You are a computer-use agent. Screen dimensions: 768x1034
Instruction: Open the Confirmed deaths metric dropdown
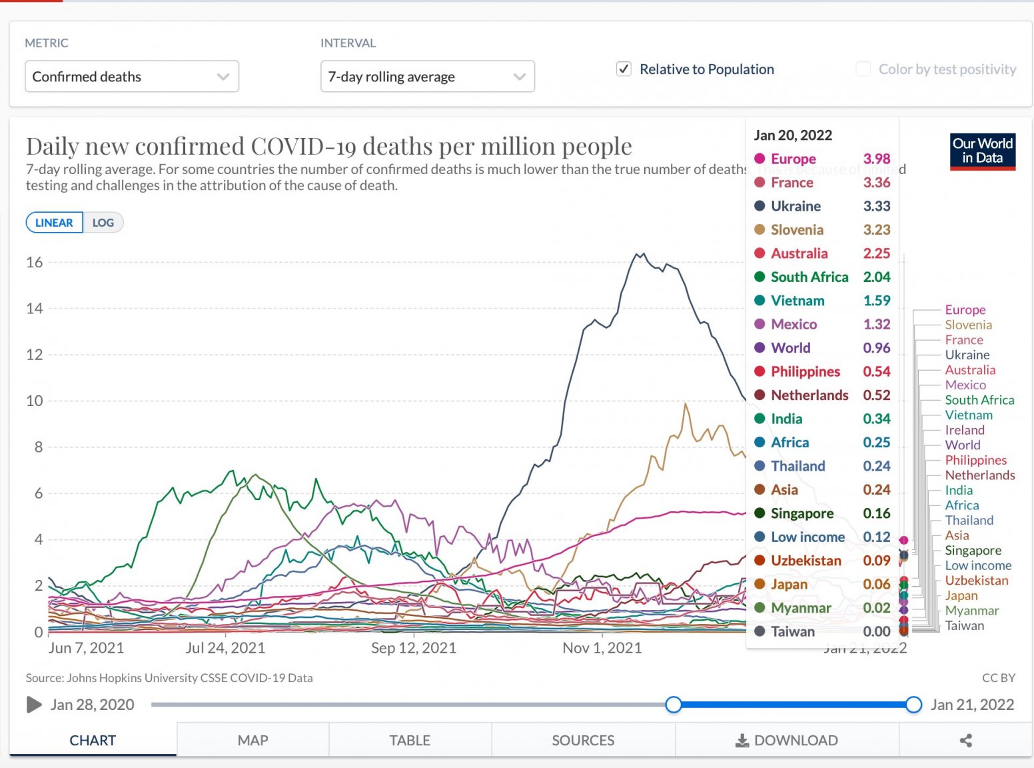tap(131, 77)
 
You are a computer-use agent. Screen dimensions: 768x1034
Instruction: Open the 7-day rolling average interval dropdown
tap(427, 77)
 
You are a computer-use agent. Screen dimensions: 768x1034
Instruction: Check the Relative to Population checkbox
tap(624, 69)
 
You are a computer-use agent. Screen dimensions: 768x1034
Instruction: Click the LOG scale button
tap(103, 223)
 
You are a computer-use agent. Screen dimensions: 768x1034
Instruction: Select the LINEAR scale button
tap(54, 223)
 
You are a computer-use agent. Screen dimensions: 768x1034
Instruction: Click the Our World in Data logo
tap(982, 151)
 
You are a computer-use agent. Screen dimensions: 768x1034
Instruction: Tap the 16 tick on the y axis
tap(35, 263)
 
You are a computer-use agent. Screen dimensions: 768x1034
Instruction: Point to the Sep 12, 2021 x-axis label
tap(413, 648)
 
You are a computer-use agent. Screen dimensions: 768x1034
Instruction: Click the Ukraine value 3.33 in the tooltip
tap(876, 206)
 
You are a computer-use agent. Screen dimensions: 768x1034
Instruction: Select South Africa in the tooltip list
tap(809, 277)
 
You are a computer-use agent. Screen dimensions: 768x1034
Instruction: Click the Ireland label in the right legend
tap(964, 430)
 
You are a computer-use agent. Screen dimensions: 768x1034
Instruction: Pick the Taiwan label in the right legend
tap(964, 625)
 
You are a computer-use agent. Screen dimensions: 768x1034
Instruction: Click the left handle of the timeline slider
tap(674, 705)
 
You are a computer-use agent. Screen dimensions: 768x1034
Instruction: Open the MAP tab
tap(253, 740)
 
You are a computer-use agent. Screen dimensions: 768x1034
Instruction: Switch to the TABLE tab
tap(410, 740)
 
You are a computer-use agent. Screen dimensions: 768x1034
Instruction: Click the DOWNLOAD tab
tap(787, 740)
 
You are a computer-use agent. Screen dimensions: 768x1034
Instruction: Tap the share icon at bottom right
tap(965, 740)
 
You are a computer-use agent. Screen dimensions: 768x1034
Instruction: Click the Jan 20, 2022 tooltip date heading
tap(793, 135)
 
